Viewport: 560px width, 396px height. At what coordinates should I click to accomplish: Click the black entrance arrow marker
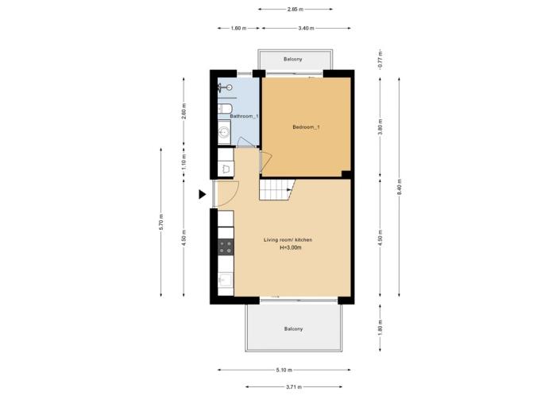click(202, 195)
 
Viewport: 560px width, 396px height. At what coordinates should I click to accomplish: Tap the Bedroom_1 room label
click(306, 127)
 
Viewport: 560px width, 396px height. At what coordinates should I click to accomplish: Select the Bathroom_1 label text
click(244, 116)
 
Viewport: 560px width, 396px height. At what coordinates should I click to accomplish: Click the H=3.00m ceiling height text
click(291, 247)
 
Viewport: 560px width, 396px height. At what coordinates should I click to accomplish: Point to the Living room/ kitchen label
click(288, 240)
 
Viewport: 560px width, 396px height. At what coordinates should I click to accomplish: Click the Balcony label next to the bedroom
click(293, 59)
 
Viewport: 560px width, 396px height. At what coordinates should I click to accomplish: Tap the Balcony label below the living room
click(293, 329)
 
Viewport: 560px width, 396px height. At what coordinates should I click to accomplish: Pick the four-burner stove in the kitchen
click(226, 247)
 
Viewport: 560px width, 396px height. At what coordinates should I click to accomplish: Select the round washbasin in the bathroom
click(224, 132)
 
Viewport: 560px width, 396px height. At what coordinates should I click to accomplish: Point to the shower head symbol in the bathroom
click(225, 87)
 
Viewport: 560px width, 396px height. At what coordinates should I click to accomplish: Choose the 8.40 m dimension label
click(400, 187)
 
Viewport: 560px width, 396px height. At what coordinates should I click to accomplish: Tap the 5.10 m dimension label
click(284, 370)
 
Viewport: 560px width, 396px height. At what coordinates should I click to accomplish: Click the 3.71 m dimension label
click(294, 386)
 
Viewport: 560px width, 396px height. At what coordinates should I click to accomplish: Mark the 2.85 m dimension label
click(295, 10)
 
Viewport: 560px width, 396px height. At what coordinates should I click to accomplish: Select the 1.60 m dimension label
click(238, 29)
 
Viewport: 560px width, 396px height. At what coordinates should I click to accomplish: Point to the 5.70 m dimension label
click(161, 222)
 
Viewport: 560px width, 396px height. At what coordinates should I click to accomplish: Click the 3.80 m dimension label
click(380, 127)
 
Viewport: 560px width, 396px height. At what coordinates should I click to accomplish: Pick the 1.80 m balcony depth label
click(380, 328)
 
